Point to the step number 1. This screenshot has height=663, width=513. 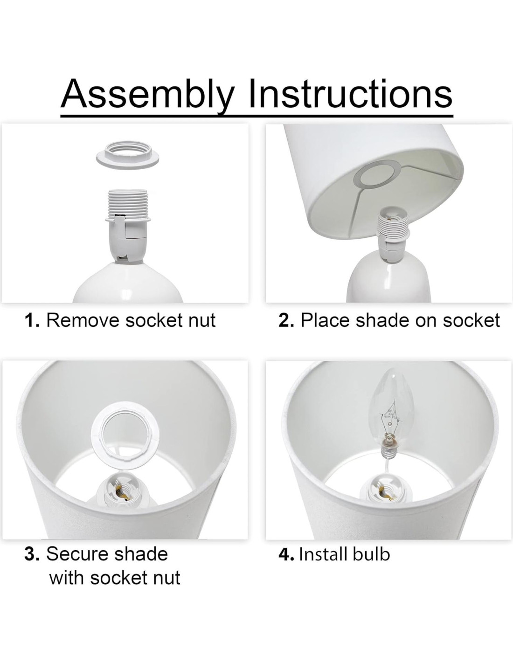point(32,320)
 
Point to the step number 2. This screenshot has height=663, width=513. point(286,320)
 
